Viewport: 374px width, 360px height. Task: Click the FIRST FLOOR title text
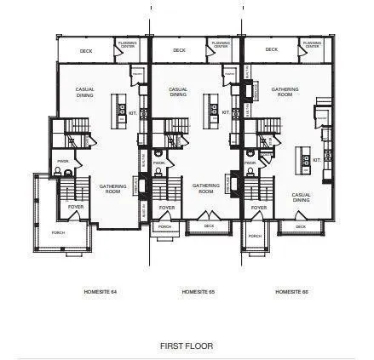click(187, 346)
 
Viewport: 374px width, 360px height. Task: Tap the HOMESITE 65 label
click(198, 292)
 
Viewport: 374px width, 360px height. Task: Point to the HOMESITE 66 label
click(291, 292)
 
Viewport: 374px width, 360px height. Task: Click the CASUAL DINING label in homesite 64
click(86, 92)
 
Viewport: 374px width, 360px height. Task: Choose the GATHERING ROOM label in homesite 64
click(112, 188)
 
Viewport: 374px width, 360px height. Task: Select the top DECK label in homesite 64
click(86, 50)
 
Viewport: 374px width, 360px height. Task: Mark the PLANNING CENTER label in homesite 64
click(127, 43)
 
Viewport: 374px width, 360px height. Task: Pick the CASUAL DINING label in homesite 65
click(178, 92)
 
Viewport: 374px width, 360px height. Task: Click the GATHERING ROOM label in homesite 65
click(205, 188)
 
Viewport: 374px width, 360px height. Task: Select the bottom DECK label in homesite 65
click(209, 226)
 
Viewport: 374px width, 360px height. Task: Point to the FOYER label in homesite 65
click(167, 207)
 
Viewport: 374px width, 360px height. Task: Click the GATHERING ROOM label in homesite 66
click(285, 92)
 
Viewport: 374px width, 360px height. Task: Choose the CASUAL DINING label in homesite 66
click(301, 197)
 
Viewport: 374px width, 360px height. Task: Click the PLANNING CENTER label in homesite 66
click(313, 43)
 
